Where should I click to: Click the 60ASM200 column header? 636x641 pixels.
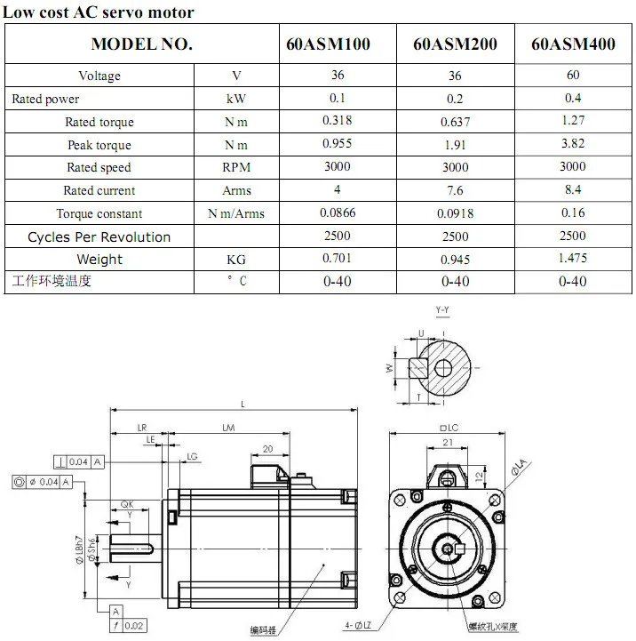coord(455,44)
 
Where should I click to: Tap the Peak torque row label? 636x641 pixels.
coord(99,145)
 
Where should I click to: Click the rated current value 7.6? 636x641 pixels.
coord(455,190)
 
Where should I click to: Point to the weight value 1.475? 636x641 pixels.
coord(573,258)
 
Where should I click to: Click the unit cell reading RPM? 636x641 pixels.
coord(237,167)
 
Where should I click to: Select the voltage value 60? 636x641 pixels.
coord(573,76)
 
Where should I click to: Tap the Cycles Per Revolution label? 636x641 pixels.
coord(99,236)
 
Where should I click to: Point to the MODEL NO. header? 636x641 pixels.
coord(142,44)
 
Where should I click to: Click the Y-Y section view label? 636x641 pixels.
coord(442,308)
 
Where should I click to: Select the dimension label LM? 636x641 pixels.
coord(228,429)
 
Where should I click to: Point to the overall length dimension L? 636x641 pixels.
coord(242,404)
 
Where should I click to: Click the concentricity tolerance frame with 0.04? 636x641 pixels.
coord(48,482)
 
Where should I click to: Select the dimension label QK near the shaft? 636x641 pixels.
coord(127,504)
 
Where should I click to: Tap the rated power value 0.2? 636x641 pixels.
coord(455,99)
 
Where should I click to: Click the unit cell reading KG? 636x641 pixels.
coord(237,260)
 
